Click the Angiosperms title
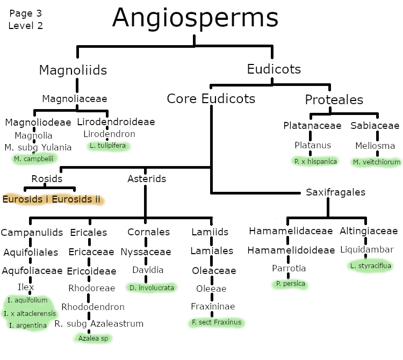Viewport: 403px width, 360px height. [x=195, y=18]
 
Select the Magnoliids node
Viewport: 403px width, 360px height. [x=73, y=70]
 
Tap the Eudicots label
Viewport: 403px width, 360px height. [x=274, y=69]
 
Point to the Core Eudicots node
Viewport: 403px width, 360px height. [x=211, y=99]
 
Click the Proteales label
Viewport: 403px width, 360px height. [x=334, y=100]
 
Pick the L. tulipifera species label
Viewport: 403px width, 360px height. [x=110, y=146]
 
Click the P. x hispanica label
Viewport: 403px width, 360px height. [x=315, y=161]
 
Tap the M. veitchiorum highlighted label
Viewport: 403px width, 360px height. [x=377, y=162]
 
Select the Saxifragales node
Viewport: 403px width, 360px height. [x=335, y=192]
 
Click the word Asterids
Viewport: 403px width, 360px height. [x=147, y=179]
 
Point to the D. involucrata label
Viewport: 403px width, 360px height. [x=152, y=287]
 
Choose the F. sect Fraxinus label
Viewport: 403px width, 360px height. [x=216, y=322]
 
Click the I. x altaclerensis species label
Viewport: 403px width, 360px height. [x=30, y=313]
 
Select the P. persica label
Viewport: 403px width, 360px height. [x=290, y=283]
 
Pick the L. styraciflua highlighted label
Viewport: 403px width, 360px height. [x=371, y=265]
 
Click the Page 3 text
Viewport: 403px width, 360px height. [x=25, y=13]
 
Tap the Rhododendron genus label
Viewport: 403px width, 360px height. [x=93, y=307]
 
